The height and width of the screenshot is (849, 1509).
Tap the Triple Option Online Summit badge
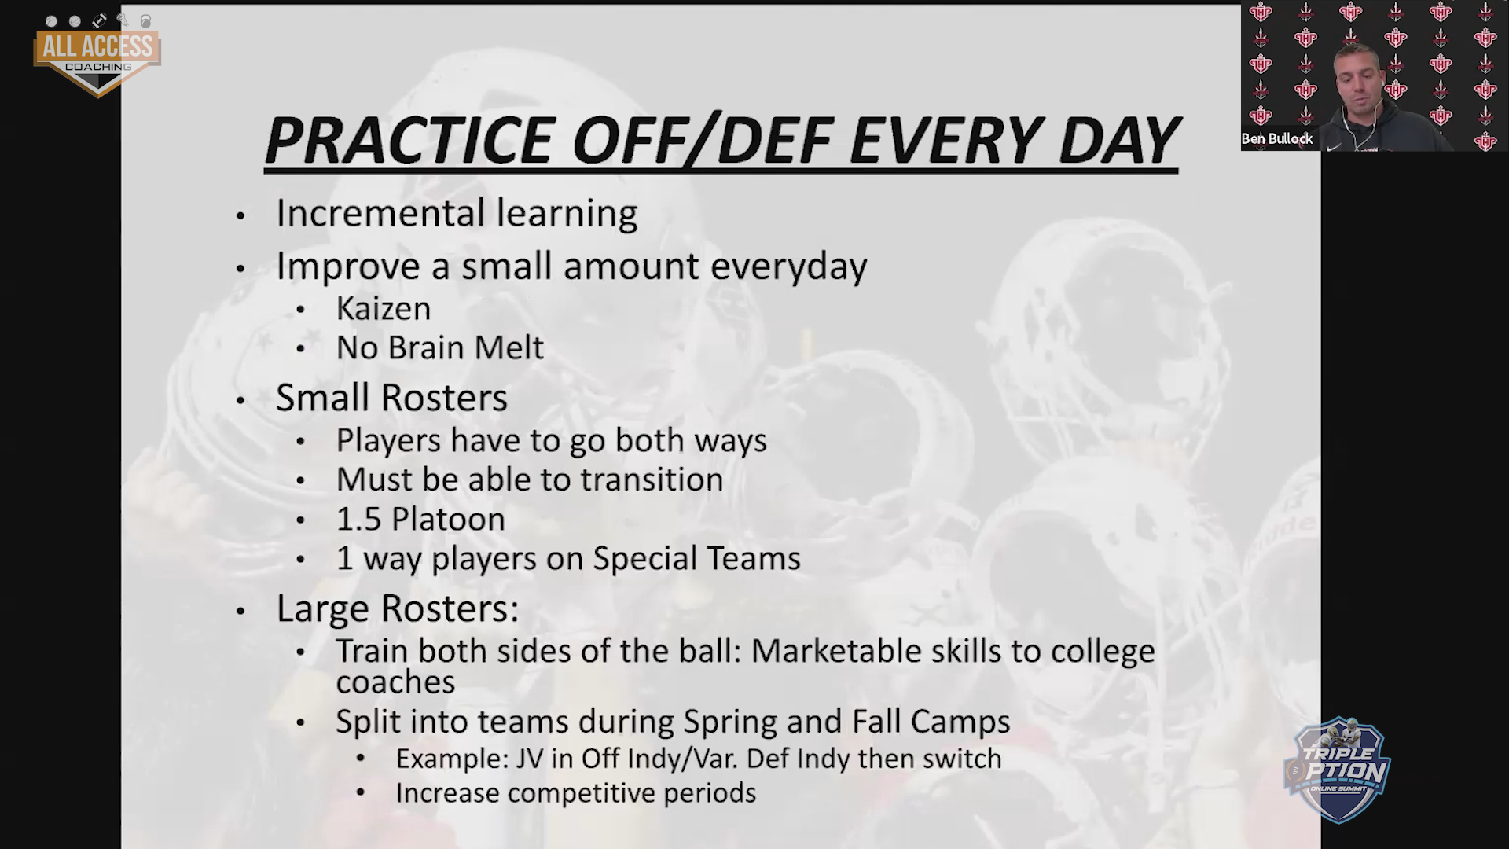click(1337, 769)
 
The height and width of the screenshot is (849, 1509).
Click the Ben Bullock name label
click(1277, 138)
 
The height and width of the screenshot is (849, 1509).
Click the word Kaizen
click(384, 308)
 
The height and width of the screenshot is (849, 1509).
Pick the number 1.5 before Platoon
click(358, 519)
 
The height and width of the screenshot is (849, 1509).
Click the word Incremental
click(379, 213)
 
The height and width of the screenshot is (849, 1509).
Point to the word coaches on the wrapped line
click(395, 682)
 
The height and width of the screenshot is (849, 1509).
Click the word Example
click(452, 759)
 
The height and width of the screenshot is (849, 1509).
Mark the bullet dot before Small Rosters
click(241, 400)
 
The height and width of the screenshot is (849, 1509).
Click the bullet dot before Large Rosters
click(241, 611)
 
